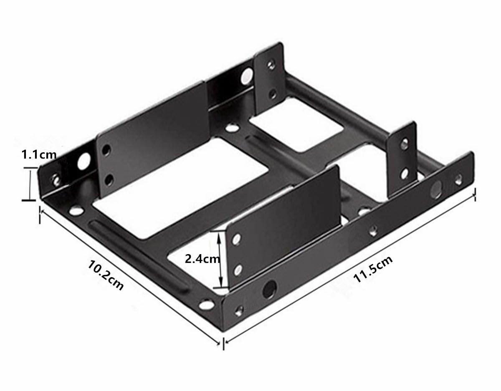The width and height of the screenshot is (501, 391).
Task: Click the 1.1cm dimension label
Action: coord(39,155)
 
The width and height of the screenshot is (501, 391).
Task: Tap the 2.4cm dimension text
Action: coord(202,259)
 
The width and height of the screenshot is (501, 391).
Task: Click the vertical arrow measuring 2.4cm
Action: coord(218,260)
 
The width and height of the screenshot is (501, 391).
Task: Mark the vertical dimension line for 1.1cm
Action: coord(29,184)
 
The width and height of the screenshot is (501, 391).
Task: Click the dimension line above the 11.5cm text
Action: coord(350,267)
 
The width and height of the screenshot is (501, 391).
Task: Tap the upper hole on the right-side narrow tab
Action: coord(404,144)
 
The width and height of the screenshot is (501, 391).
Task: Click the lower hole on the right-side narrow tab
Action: coord(404,173)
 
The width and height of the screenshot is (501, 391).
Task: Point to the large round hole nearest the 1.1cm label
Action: coord(84,161)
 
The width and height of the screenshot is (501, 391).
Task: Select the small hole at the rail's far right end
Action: coord(459,179)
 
